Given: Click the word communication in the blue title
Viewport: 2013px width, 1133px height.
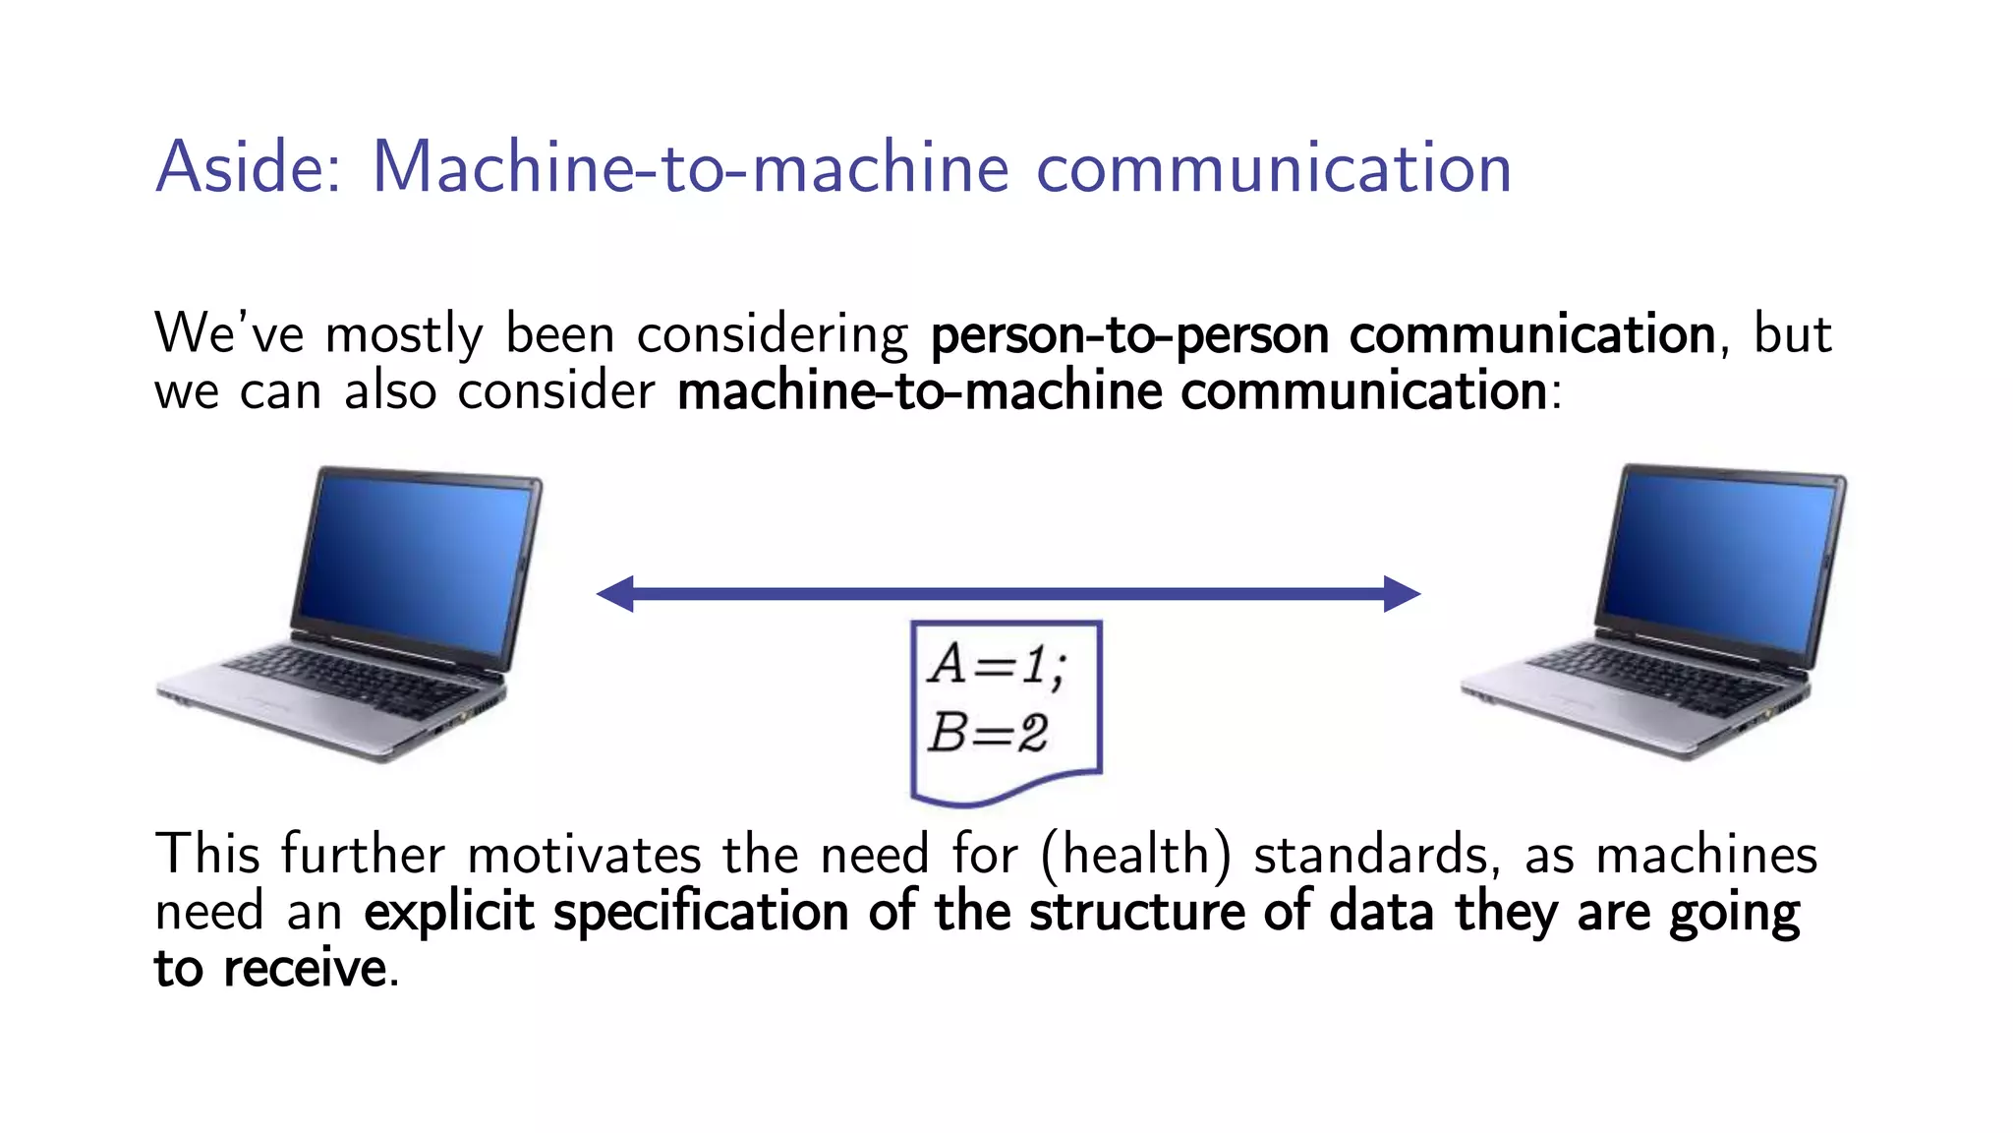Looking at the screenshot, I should [1274, 167].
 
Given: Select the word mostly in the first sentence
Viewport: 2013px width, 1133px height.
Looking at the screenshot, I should [404, 335].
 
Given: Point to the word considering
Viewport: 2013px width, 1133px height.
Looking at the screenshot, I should [773, 335].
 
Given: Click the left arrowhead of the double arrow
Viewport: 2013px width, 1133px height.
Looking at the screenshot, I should [616, 593].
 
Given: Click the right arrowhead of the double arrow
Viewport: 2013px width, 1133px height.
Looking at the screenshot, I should [1402, 593].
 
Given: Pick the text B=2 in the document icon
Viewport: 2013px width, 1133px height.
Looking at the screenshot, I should [988, 733].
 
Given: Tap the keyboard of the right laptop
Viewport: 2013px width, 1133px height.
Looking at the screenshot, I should [1661, 679].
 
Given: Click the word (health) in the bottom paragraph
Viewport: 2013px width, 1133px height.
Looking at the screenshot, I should [1135, 854].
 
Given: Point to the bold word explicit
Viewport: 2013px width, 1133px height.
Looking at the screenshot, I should [449, 912].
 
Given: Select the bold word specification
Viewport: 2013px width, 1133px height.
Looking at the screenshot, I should [701, 912].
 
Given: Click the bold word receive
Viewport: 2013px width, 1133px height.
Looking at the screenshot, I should [305, 969].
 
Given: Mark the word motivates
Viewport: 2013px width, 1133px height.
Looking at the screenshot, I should [584, 854].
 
